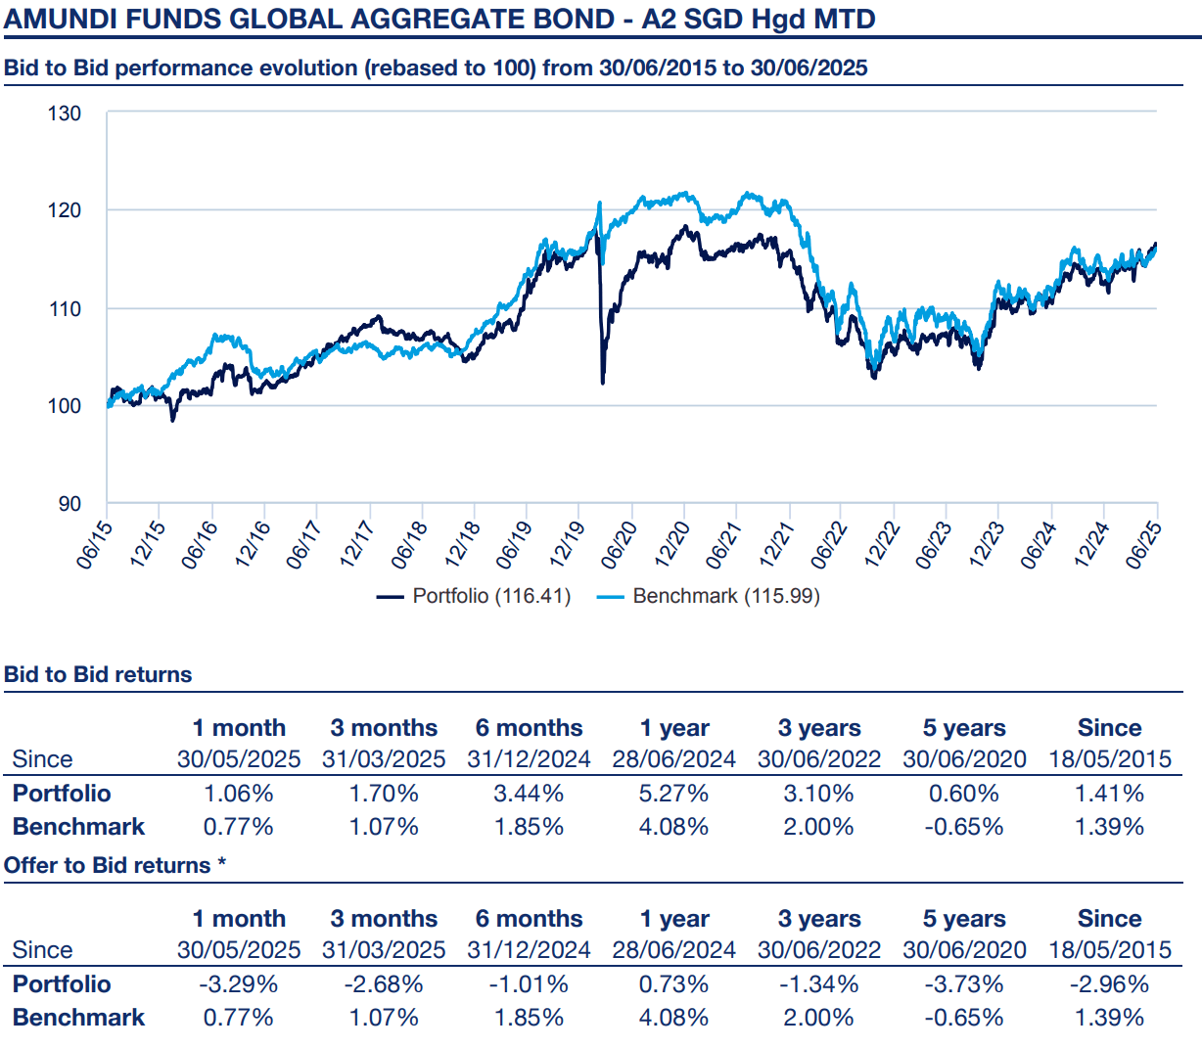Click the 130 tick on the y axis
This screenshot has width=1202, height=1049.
click(x=65, y=114)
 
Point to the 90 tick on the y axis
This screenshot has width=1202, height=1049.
click(x=69, y=504)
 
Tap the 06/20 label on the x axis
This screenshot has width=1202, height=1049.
click(x=621, y=544)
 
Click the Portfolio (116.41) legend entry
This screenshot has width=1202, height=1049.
click(x=475, y=596)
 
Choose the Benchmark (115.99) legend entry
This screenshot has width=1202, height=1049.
click(x=710, y=596)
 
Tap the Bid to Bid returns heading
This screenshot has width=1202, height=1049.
click(x=98, y=674)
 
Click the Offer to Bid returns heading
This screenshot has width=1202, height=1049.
click(x=115, y=865)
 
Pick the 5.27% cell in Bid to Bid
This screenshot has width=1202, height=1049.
click(x=673, y=794)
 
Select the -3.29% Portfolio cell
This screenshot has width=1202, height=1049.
click(x=238, y=984)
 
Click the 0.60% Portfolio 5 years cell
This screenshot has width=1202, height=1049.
click(x=964, y=794)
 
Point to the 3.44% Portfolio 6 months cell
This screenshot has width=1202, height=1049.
click(x=529, y=794)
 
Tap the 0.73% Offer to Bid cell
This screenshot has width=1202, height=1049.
click(x=673, y=984)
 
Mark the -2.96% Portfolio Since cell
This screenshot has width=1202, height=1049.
click(x=1109, y=984)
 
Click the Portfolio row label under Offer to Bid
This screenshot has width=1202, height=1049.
click(x=62, y=984)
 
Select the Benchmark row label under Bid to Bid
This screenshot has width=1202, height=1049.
click(x=78, y=827)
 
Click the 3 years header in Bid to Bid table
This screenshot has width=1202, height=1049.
click(x=819, y=728)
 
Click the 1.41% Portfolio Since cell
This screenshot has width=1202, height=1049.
click(x=1109, y=794)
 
